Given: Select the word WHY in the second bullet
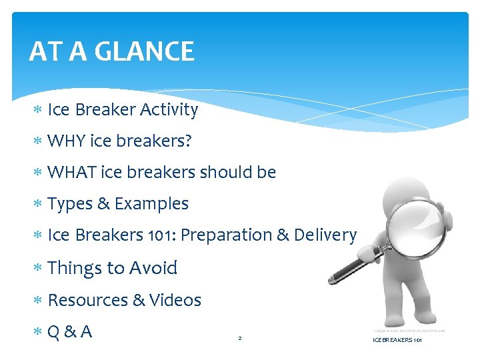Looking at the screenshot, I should tap(65, 141).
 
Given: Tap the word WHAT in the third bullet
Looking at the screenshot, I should tap(72, 173).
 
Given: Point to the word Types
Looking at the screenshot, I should tap(71, 204).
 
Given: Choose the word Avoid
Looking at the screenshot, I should tap(153, 268).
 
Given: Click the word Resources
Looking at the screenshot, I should tap(88, 301).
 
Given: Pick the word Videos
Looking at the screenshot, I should tap(175, 301).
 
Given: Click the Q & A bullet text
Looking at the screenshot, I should tap(69, 332).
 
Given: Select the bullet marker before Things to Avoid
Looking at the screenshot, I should tap(39, 269).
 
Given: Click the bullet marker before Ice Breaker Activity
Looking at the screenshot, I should tap(39, 111).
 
